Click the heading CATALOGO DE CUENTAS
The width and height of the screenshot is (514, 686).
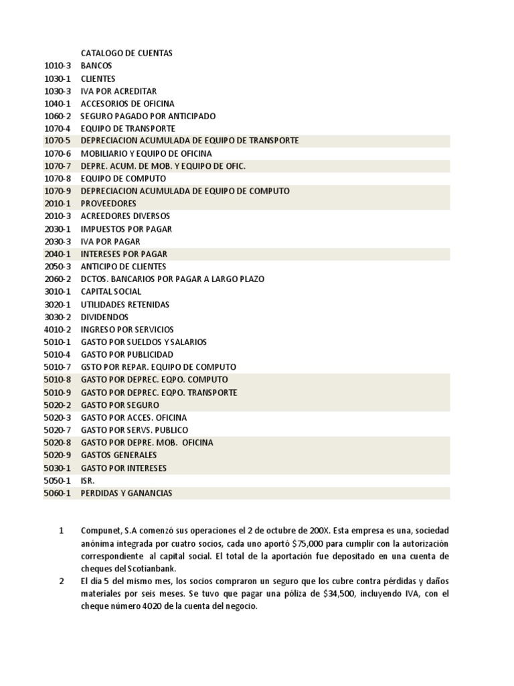point(126,53)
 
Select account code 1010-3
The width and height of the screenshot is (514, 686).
point(58,66)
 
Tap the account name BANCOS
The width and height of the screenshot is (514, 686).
point(96,66)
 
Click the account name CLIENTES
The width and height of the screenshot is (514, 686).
point(98,78)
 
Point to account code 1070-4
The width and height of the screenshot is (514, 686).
point(58,128)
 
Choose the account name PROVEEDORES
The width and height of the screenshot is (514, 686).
point(108,204)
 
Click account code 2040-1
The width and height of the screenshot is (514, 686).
point(58,254)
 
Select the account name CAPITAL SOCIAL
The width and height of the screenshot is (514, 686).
point(111,291)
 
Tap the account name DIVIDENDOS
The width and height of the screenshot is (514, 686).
point(104,317)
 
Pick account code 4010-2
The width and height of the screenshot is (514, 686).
point(58,330)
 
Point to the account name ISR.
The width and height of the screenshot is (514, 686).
point(88,480)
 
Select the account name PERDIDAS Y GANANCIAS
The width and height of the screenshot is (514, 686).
point(126,493)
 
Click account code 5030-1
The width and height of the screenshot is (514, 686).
point(58,468)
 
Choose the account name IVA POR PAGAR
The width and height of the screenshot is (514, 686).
point(110,241)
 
